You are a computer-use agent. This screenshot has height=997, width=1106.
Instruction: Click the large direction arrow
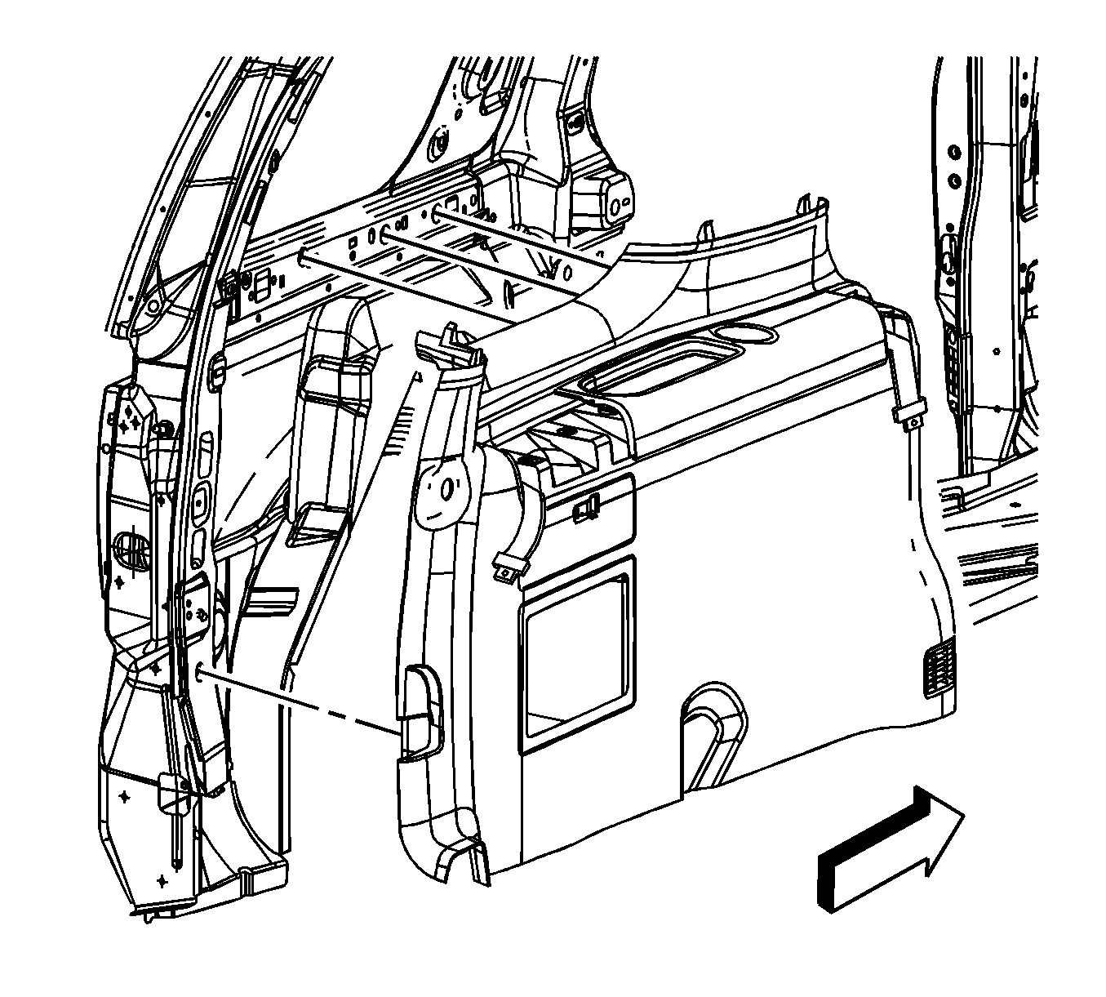coord(890,849)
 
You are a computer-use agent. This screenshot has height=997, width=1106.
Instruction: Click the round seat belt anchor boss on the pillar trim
coord(447,491)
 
